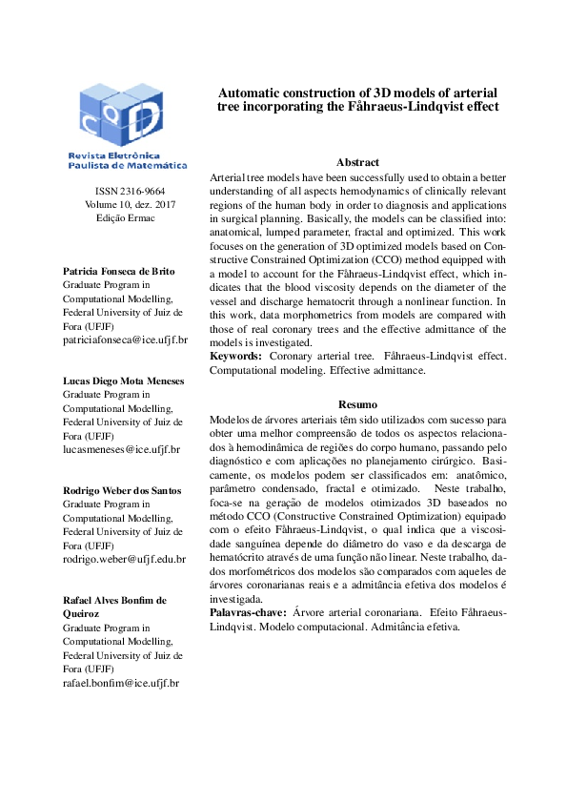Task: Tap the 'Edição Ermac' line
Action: click(125, 217)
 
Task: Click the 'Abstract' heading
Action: click(357, 163)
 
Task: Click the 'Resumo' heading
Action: click(357, 405)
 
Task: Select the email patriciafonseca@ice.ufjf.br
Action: click(125, 339)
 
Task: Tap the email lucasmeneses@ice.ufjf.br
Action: click(121, 449)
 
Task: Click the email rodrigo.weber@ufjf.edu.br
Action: click(124, 559)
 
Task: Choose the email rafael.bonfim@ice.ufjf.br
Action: click(121, 683)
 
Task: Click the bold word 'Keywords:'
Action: click(235, 356)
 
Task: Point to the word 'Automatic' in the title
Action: click(251, 93)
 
